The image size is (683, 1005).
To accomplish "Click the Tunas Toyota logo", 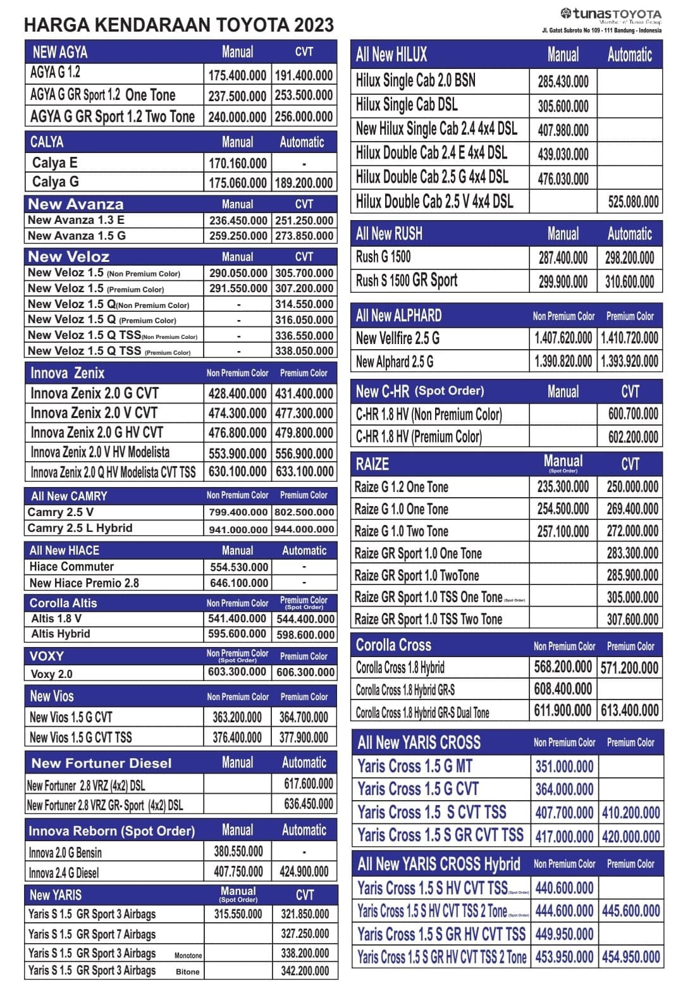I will (x=610, y=15).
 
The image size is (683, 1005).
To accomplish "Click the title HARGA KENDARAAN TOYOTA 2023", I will (x=178, y=25).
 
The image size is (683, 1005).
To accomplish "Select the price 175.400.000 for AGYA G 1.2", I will (x=237, y=75).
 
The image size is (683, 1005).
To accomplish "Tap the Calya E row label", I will (x=54, y=163).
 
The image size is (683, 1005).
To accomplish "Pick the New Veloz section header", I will (x=69, y=257).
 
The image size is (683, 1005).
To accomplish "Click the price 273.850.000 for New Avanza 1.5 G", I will (x=304, y=236).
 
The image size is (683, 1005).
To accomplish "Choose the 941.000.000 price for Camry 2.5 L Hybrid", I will (x=238, y=529).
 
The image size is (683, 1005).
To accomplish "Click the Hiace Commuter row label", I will (x=71, y=567).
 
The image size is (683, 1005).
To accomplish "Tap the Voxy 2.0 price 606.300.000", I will (x=305, y=672).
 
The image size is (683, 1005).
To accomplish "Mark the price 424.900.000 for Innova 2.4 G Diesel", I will (x=304, y=872).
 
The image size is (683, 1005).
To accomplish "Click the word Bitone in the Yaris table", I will (x=187, y=971).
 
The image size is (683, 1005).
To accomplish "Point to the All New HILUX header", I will (x=391, y=55).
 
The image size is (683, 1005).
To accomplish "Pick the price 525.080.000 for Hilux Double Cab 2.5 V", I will (x=633, y=202).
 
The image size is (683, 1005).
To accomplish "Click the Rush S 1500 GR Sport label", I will (x=406, y=281).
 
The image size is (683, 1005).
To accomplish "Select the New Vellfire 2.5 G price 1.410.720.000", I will (x=629, y=338).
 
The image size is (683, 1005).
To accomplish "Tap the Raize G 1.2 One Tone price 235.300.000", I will (x=563, y=486).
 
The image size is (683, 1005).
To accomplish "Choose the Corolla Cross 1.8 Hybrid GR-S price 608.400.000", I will (x=563, y=689).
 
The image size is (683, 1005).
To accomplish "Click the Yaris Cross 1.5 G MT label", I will (x=415, y=767).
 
